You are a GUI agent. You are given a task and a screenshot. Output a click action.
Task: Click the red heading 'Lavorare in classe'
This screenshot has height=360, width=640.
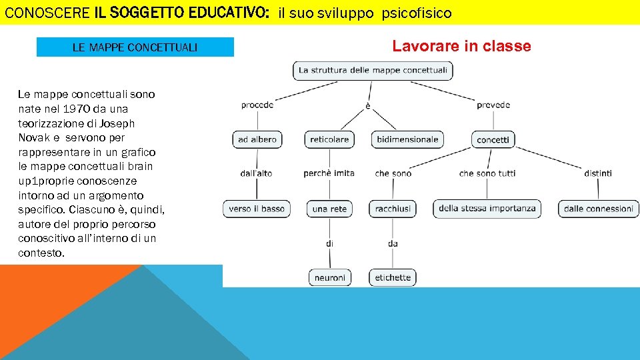pyautogui.click(x=461, y=46)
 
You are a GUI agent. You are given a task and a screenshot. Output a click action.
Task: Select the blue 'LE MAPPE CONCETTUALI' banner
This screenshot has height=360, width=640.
pyautogui.click(x=135, y=47)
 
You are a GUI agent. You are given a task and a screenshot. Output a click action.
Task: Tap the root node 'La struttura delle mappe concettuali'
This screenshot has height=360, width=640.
pyautogui.click(x=373, y=70)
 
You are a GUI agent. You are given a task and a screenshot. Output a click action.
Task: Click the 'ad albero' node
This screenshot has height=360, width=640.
pyautogui.click(x=257, y=139)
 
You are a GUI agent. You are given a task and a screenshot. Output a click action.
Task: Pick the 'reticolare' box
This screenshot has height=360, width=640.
pyautogui.click(x=329, y=139)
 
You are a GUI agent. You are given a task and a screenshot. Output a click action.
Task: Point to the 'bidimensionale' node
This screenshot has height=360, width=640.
pyautogui.click(x=407, y=139)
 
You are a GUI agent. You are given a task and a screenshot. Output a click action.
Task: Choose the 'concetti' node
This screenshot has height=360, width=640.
pyautogui.click(x=493, y=139)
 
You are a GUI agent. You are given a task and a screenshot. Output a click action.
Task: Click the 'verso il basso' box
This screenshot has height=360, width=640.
pyautogui.click(x=257, y=209)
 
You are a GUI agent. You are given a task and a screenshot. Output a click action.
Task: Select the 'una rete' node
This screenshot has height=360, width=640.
pyautogui.click(x=329, y=209)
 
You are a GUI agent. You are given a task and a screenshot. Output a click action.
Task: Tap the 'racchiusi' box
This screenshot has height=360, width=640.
pyautogui.click(x=393, y=209)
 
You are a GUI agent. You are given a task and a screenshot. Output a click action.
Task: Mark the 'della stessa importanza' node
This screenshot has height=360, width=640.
pyautogui.click(x=487, y=209)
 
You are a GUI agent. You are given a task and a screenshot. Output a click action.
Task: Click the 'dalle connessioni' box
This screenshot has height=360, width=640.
pyautogui.click(x=598, y=209)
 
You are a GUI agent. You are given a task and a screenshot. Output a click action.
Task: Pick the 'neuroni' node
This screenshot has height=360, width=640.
pyautogui.click(x=329, y=277)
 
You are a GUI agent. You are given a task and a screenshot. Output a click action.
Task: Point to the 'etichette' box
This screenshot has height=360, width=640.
pyautogui.click(x=393, y=277)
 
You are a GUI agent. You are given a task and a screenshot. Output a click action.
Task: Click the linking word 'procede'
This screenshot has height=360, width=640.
pyautogui.click(x=257, y=105)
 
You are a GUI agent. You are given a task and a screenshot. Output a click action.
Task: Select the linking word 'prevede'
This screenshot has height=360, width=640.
pyautogui.click(x=493, y=105)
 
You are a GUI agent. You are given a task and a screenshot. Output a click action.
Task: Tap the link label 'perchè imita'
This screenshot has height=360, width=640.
pyautogui.click(x=329, y=173)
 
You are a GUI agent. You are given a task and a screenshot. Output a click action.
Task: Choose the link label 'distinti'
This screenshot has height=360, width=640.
pyautogui.click(x=598, y=173)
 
